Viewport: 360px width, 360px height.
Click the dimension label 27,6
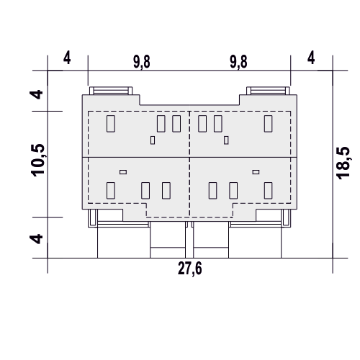point(190,269)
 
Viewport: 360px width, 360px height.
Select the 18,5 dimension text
point(343,163)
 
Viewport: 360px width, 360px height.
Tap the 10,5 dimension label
point(38,160)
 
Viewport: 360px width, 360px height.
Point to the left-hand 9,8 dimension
point(142,62)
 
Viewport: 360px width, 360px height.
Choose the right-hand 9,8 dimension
point(238,62)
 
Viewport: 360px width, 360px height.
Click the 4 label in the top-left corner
point(67,58)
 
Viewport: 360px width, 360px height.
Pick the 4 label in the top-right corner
point(311,58)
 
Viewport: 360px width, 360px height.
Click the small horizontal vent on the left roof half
point(123,172)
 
